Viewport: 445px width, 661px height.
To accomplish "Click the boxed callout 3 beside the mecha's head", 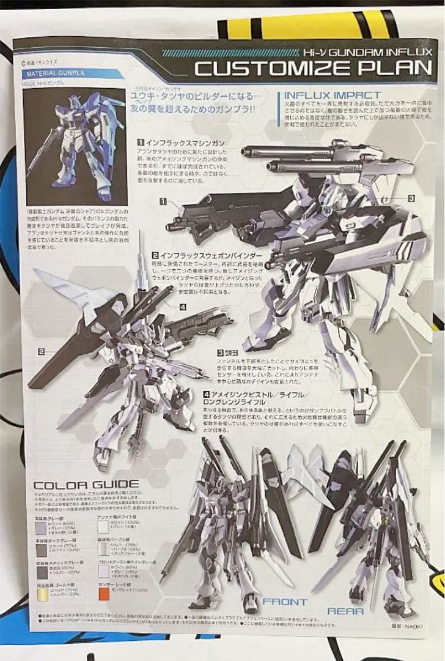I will coord(411,198).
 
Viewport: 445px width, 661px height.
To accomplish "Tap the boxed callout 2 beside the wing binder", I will coord(41,351).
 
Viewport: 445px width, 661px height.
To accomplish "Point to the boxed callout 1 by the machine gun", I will coord(164,201).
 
